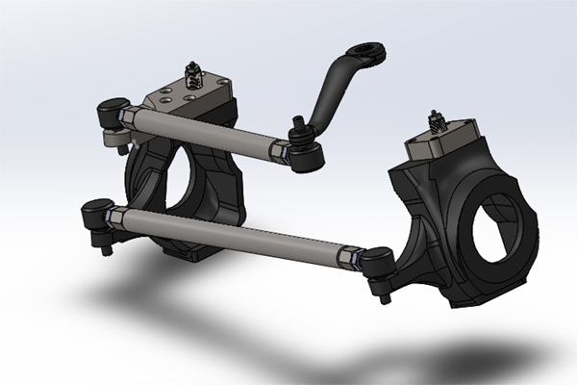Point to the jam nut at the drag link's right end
(280, 148)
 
